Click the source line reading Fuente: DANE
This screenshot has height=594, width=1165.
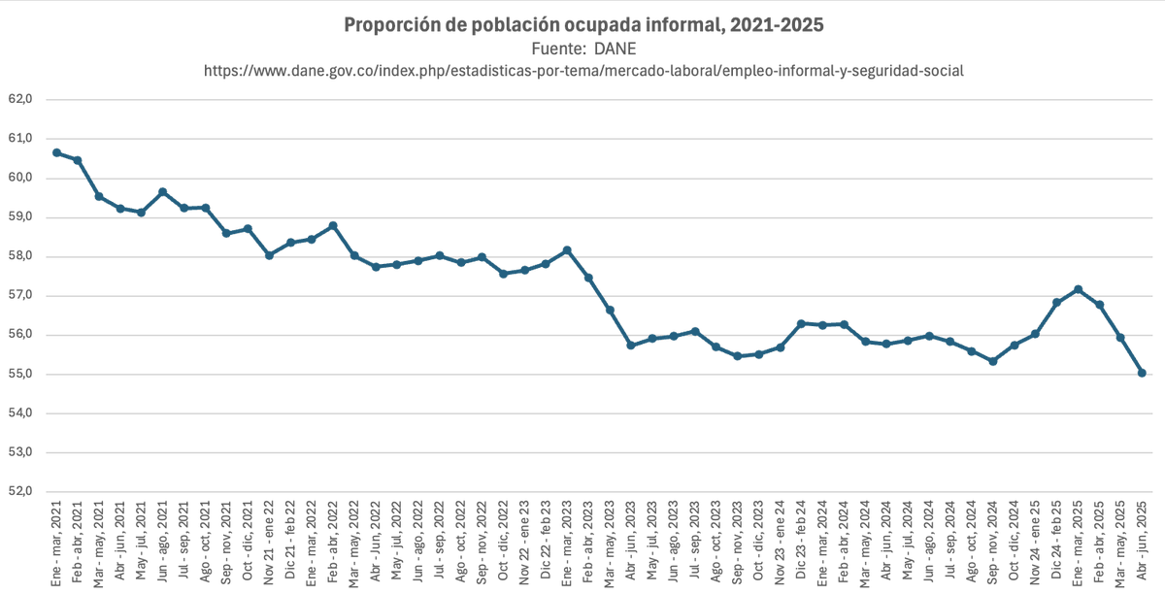[582, 49]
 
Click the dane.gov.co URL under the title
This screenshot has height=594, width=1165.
[582, 71]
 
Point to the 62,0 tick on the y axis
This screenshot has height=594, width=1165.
[20, 99]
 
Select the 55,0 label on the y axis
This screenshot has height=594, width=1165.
[20, 375]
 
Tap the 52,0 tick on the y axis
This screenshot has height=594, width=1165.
[20, 492]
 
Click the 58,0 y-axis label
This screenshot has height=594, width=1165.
[20, 256]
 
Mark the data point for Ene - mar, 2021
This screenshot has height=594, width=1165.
[56, 152]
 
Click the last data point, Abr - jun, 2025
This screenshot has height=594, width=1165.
[1142, 373]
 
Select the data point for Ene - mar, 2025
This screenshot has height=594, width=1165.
[1078, 289]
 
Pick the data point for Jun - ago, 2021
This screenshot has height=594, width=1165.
[162, 191]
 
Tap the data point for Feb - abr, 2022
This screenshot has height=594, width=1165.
[333, 225]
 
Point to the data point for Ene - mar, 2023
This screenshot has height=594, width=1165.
[567, 250]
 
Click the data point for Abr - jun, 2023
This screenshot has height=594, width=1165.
[631, 345]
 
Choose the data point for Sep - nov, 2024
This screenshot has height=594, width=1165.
[992, 361]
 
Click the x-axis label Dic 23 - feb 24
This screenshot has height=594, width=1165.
[802, 540]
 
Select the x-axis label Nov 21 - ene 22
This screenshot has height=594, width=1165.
[270, 540]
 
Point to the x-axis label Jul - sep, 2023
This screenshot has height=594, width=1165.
[695, 540]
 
